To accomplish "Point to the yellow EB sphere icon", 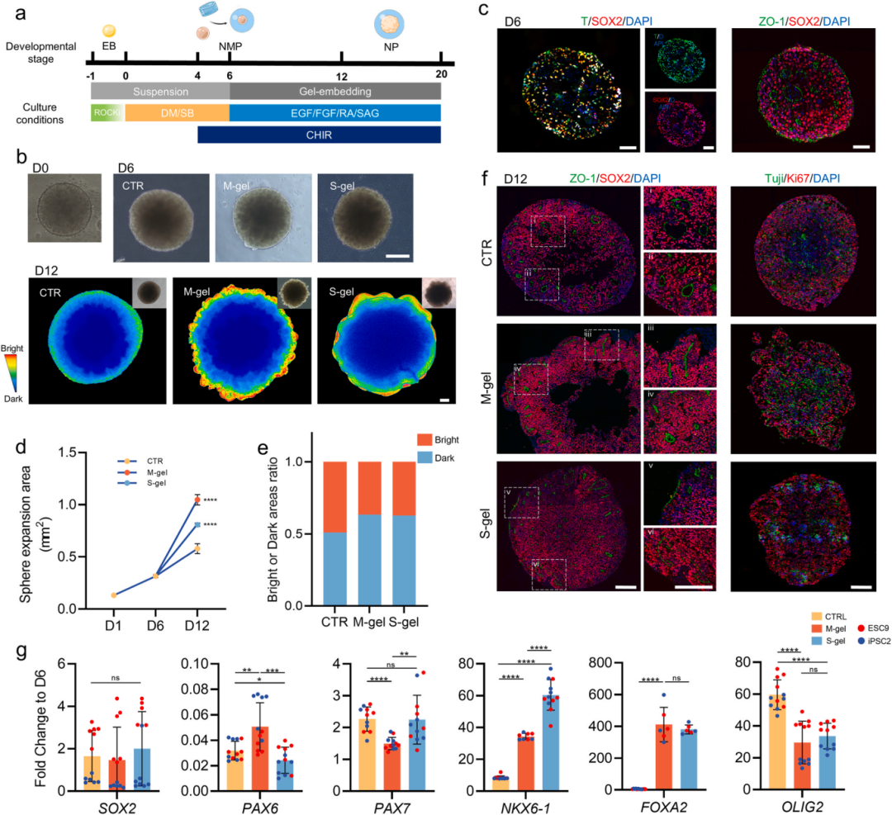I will tap(108, 31).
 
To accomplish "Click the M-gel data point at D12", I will tap(197, 500).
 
